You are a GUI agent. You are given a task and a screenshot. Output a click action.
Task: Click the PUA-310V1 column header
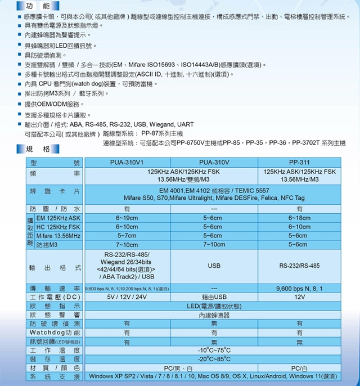point(127,163)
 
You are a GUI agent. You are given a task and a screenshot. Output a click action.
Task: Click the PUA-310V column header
point(214,163)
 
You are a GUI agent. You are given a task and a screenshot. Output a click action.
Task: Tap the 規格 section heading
point(38,149)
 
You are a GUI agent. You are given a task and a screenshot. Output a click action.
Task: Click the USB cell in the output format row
point(214,266)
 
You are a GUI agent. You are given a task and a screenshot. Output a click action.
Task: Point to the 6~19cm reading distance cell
point(127,218)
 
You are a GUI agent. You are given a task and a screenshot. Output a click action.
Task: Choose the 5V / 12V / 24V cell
point(127,297)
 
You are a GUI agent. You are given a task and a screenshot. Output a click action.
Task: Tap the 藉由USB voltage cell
point(214,297)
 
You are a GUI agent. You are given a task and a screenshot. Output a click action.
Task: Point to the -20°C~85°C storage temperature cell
point(214,359)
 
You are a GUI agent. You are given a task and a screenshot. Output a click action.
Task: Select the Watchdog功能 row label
point(55,333)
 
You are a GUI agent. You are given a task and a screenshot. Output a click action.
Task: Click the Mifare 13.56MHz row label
point(58,236)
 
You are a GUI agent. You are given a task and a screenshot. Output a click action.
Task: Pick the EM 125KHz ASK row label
point(58,218)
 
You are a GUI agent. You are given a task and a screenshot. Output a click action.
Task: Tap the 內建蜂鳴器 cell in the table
point(214,315)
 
